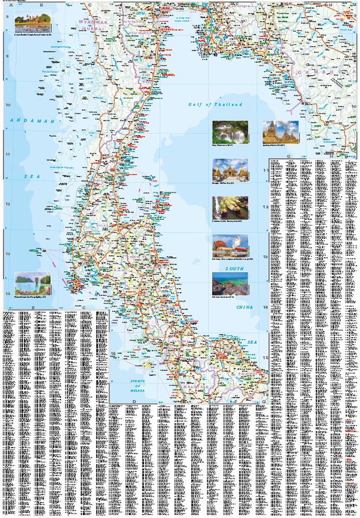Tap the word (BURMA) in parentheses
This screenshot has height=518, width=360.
coord(92,28)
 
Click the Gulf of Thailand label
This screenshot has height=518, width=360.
coord(215,105)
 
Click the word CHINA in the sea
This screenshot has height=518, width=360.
coord(244,307)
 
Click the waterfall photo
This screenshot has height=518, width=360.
coord(229,132)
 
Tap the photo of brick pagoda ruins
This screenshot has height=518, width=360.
coord(280,132)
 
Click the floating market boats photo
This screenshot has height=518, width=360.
coord(229,207)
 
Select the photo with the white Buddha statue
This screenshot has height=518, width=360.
coord(229,244)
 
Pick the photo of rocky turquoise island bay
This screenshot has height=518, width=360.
coord(229,283)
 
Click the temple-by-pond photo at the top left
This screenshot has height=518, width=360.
coord(32,20)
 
